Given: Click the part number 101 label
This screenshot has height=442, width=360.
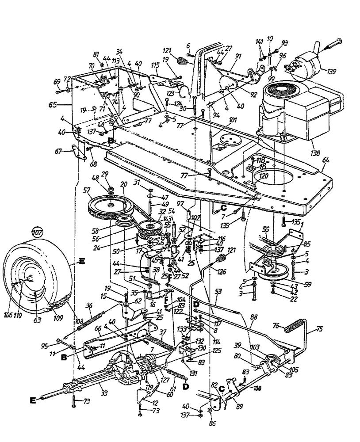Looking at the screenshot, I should click(233, 119).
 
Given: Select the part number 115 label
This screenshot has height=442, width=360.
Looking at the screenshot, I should click(155, 65).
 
